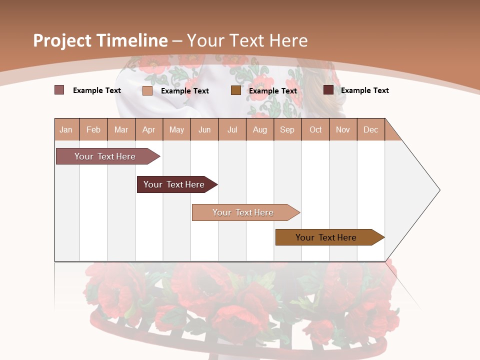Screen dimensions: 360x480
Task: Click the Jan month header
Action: click(x=66, y=129)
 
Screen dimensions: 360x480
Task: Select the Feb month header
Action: click(x=93, y=129)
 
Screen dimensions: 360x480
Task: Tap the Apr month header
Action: click(x=148, y=129)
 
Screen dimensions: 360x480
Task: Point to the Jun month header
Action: click(x=204, y=129)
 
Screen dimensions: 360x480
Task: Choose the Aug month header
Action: click(x=260, y=129)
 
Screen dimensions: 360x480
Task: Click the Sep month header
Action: click(x=287, y=129)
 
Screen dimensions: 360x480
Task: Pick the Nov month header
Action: click(x=343, y=129)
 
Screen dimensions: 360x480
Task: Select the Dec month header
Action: click(x=370, y=129)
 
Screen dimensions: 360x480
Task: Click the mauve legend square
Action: click(x=59, y=90)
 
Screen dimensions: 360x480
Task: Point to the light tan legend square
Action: click(x=147, y=90)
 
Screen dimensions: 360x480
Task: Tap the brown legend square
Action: click(x=236, y=90)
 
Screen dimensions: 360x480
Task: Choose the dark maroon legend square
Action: click(x=328, y=90)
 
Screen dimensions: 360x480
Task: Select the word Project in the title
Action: click(x=62, y=40)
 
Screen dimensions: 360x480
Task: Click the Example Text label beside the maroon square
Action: click(x=364, y=90)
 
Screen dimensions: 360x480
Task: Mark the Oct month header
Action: click(x=315, y=129)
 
